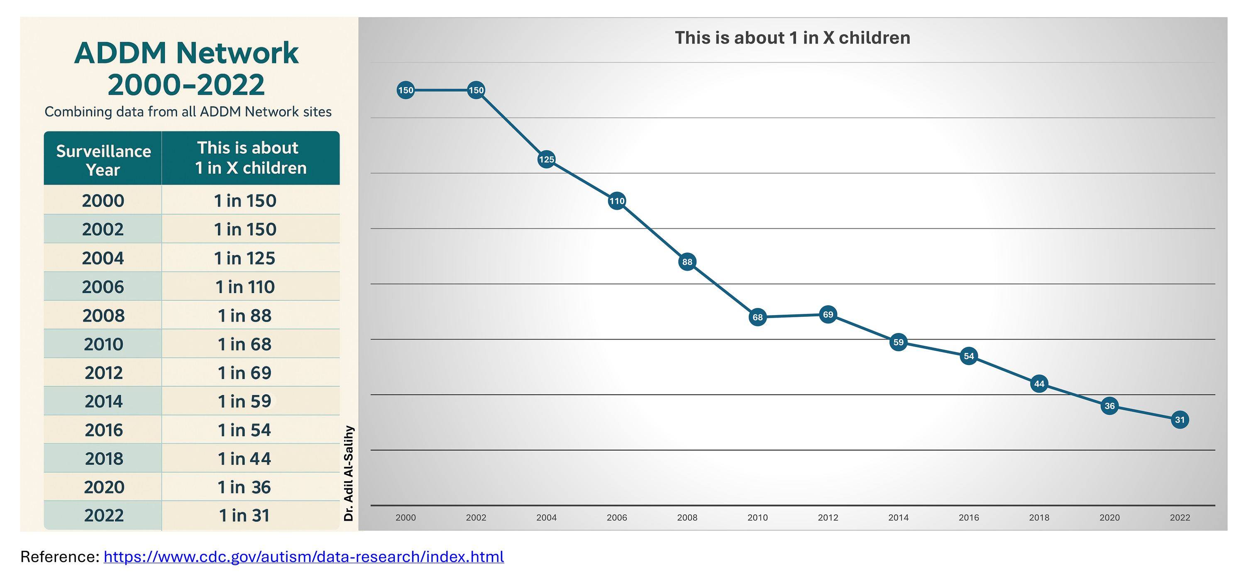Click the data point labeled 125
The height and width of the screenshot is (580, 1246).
(x=547, y=159)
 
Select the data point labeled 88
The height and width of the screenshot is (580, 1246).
(x=687, y=262)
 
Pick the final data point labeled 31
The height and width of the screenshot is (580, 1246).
(x=1180, y=420)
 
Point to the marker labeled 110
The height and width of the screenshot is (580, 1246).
(x=617, y=201)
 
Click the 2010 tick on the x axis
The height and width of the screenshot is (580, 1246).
(x=757, y=518)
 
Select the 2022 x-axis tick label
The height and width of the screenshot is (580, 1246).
(x=1180, y=518)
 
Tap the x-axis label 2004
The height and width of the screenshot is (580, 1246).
(x=547, y=518)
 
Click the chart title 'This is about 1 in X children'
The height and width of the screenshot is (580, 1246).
(x=792, y=38)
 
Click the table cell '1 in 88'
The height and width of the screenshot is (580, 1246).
(x=245, y=316)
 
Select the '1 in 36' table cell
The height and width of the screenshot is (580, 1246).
(x=244, y=487)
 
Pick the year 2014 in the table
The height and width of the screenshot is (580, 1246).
(x=103, y=401)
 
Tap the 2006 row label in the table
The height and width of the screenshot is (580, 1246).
(x=103, y=287)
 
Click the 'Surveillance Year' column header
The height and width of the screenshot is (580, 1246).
(x=103, y=160)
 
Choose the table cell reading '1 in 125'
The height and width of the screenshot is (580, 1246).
(x=245, y=258)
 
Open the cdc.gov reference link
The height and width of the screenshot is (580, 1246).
(x=304, y=557)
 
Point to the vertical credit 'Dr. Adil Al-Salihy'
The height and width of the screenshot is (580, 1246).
(x=349, y=473)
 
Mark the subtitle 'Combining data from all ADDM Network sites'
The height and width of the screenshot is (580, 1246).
(x=188, y=112)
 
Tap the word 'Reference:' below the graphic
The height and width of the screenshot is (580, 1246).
(x=60, y=557)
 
